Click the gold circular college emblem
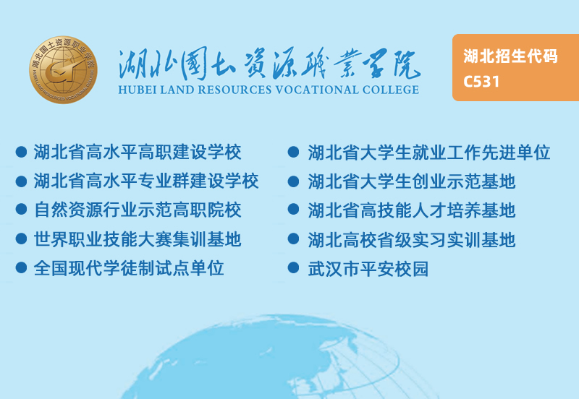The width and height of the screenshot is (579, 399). tap(64, 69)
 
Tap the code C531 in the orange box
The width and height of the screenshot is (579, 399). tap(481, 82)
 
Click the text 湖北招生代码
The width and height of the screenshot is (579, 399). tap(510, 56)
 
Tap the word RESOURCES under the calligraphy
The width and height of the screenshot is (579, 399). tap(234, 90)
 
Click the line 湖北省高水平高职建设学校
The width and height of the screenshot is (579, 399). tap(138, 152)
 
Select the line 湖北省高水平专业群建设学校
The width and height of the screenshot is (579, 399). tap(146, 181)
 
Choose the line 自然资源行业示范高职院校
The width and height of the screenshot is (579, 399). tap(138, 210)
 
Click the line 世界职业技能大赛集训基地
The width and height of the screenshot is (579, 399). tap(138, 239)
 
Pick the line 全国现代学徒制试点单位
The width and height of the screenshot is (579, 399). tap(129, 268)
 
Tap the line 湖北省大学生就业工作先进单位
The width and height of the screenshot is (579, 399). tap(429, 153)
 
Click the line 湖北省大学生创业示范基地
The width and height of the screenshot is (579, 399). tap(412, 181)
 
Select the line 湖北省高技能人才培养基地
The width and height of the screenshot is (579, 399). tap(412, 210)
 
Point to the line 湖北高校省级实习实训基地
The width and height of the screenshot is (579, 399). tap(412, 240)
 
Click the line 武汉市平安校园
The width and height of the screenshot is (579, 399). tap(368, 269)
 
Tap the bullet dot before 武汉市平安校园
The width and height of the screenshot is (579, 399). tap(293, 267)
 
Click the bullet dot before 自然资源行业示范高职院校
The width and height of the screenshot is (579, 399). tap(22, 209)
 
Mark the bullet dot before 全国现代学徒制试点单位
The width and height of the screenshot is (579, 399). tap(22, 267)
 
